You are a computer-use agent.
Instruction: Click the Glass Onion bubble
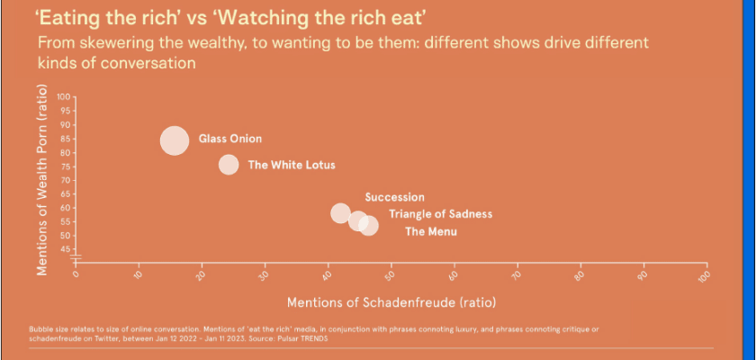[175, 140]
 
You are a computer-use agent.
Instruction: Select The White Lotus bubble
[229, 165]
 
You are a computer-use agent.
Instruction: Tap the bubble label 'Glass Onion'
[230, 139]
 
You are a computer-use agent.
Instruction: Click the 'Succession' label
[394, 197]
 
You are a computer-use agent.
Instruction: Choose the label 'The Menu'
[431, 232]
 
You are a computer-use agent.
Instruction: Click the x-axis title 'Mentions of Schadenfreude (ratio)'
[391, 300]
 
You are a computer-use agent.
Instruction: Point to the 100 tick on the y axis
[63, 96]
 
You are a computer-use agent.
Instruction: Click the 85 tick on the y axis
[65, 139]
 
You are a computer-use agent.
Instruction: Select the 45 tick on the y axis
[65, 249]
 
